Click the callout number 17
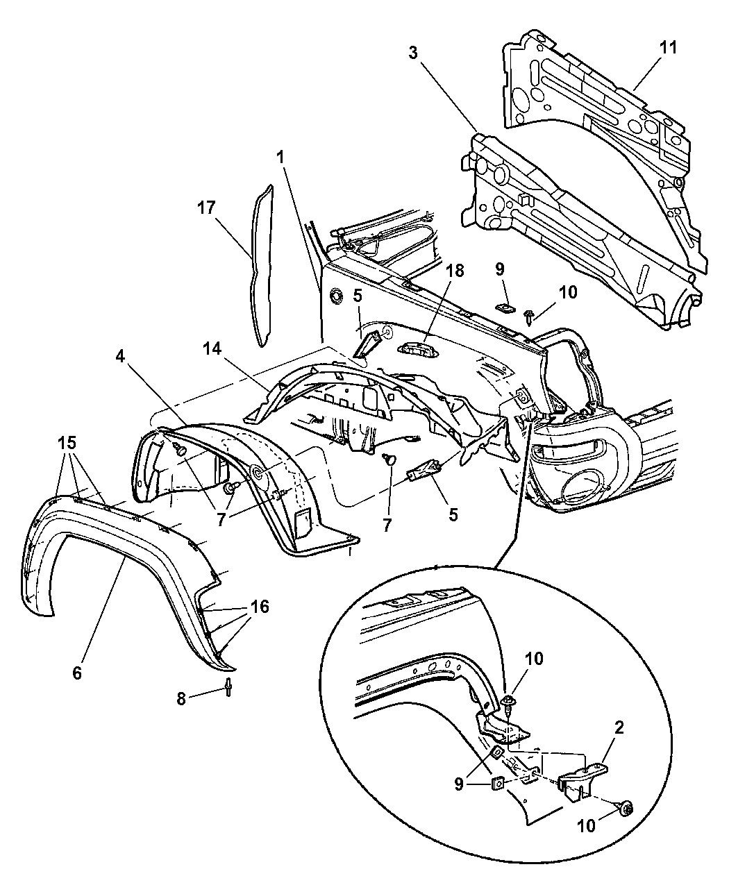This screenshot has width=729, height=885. tap(206, 208)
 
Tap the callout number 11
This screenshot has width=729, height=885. tap(668, 47)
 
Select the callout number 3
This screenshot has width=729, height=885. tap(413, 53)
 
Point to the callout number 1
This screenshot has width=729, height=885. tap(280, 158)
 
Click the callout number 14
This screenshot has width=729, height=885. tap(212, 349)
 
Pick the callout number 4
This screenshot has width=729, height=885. tap(120, 357)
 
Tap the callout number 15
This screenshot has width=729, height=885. tap(67, 443)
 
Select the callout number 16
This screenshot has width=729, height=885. tap(260, 607)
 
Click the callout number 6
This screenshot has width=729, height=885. tap(77, 673)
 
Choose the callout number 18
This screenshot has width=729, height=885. tap(455, 271)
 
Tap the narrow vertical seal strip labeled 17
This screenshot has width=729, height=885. tap(262, 266)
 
